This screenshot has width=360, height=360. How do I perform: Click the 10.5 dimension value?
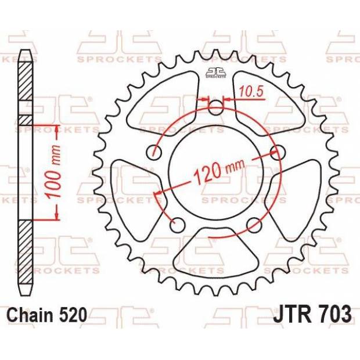tap(251, 91)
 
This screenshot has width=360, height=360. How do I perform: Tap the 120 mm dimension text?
tap(219, 171)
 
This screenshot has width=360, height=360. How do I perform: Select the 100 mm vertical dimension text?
tap(53, 171)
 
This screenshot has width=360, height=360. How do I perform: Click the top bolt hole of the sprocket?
tap(215, 107)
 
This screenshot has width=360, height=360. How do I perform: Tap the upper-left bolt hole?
tap(154, 152)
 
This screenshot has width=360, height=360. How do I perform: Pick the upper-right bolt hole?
tap(278, 152)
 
